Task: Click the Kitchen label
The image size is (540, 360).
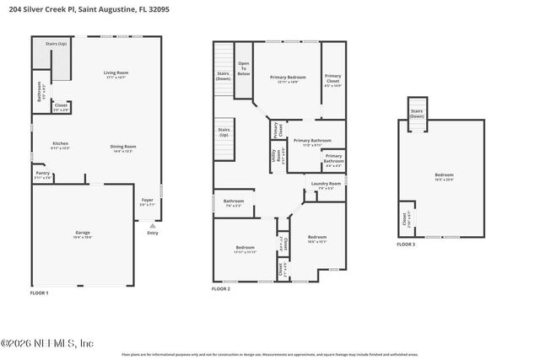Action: pyautogui.click(x=60, y=145)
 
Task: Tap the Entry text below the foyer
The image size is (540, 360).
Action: pyautogui.click(x=152, y=234)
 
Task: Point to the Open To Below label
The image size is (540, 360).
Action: pyautogui.click(x=244, y=68)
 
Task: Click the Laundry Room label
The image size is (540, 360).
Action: pyautogui.click(x=326, y=185)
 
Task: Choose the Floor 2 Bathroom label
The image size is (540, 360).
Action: pyautogui.click(x=234, y=202)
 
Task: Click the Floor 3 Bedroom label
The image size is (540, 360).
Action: pyautogui.click(x=444, y=176)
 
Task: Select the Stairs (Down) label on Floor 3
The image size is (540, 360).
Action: pyautogui.click(x=417, y=113)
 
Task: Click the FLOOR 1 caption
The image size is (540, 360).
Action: pyautogui.click(x=40, y=293)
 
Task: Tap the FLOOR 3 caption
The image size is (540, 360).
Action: pyautogui.click(x=406, y=245)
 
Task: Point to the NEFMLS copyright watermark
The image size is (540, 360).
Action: pyautogui.click(x=47, y=342)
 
